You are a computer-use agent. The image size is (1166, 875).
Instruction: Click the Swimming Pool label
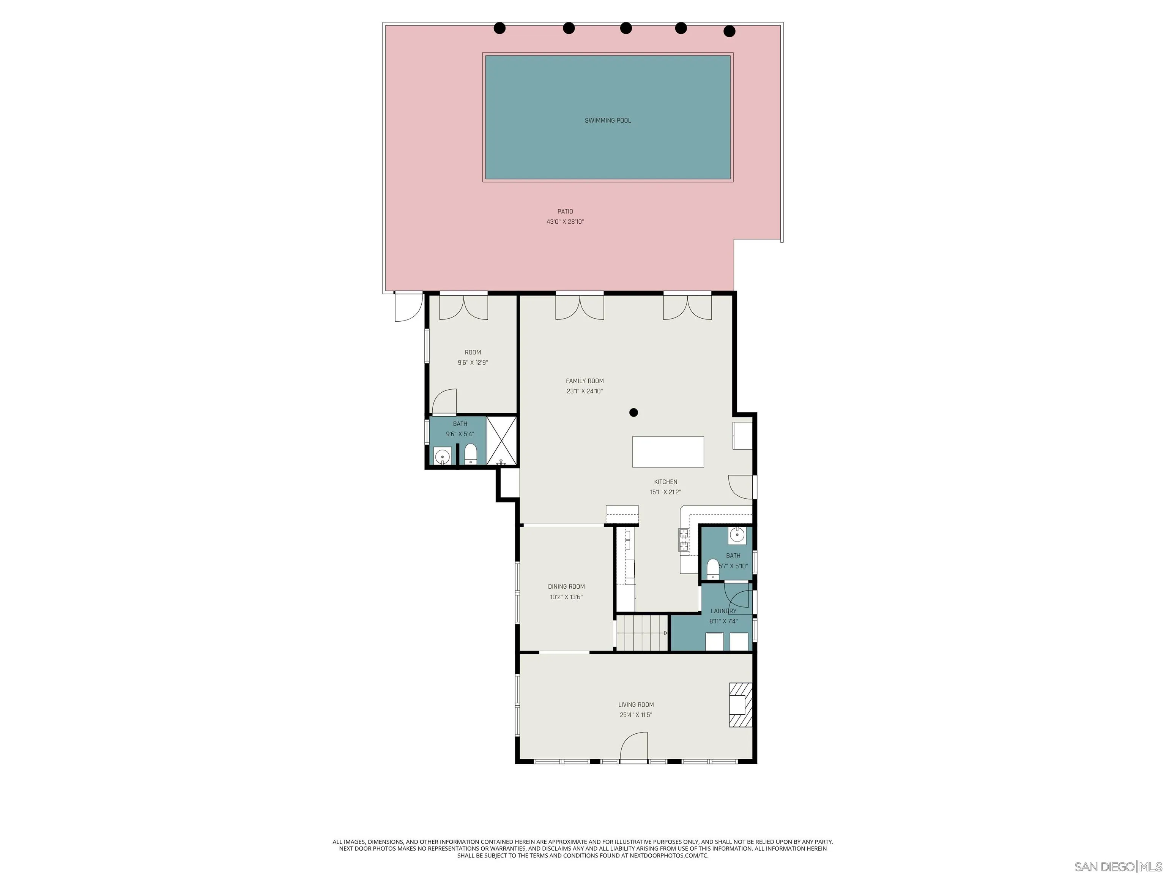(x=607, y=121)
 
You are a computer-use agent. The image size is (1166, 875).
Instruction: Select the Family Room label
(x=585, y=381)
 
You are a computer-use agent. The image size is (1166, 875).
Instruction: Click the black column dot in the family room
(x=633, y=412)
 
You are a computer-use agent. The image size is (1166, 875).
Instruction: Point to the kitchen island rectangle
(x=668, y=452)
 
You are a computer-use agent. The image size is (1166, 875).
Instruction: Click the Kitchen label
(x=665, y=482)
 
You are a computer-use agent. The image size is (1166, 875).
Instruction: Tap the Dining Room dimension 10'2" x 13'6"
(x=566, y=597)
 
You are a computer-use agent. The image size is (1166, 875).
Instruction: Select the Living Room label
(x=636, y=704)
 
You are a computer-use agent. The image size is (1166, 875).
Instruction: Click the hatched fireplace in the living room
(x=740, y=705)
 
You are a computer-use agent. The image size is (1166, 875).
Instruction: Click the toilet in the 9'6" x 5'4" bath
(x=471, y=454)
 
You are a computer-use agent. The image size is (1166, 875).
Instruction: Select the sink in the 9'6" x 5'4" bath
(x=443, y=456)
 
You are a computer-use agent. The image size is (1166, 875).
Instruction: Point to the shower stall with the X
(x=501, y=441)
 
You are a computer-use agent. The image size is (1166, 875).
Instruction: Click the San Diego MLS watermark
(x=1117, y=867)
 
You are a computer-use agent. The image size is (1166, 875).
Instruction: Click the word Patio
(x=565, y=212)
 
